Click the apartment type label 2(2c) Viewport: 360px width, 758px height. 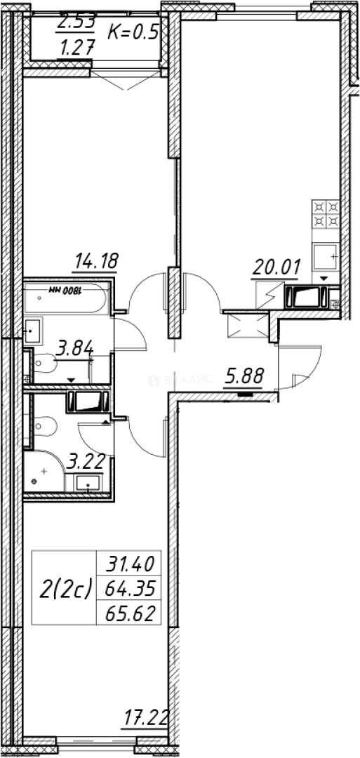(65, 590)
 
